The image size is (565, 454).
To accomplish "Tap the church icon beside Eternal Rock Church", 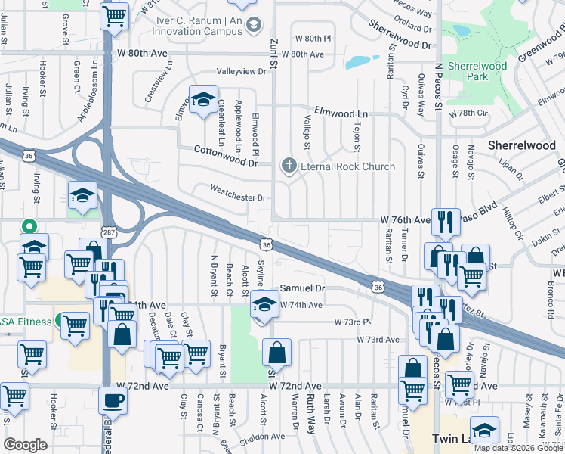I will coord(288,166).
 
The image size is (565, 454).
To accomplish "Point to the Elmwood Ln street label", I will coord(341,113).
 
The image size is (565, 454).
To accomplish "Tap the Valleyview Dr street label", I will coord(242,71).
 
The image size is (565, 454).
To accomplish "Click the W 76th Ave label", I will coord(404,220).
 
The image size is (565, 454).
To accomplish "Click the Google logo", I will coord(25,444).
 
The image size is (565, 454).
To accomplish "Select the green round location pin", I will coord(29,226).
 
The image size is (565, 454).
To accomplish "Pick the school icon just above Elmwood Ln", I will coord(202,100).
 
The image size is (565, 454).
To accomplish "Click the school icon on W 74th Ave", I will coord(264,306).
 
